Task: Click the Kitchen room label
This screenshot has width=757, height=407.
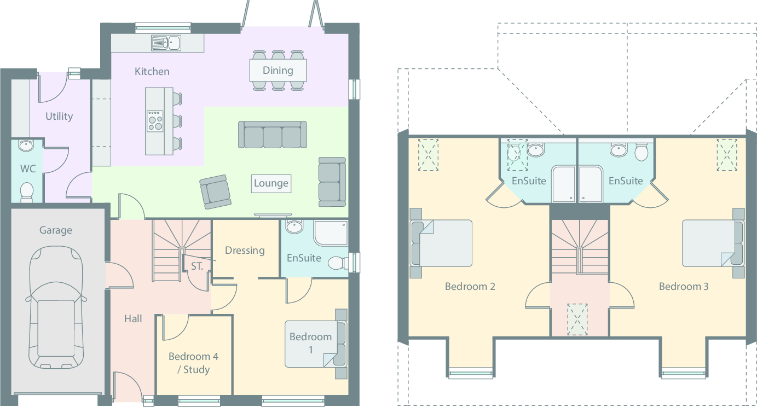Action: [152, 72]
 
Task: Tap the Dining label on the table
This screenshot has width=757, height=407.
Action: [278, 70]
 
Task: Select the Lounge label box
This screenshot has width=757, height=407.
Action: [271, 183]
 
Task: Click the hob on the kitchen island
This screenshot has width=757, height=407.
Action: [155, 120]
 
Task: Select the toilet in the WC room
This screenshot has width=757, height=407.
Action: [26, 191]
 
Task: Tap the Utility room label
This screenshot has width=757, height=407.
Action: [59, 117]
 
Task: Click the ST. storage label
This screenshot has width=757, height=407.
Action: [197, 267]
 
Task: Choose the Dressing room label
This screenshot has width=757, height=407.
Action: [245, 251]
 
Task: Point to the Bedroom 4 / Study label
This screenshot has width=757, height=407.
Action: [193, 363]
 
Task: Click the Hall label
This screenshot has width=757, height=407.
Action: [133, 319]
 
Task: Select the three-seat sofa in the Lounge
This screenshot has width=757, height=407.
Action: [272, 135]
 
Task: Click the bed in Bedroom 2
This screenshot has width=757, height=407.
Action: [442, 243]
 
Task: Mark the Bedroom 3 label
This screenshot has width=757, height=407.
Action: [684, 287]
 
